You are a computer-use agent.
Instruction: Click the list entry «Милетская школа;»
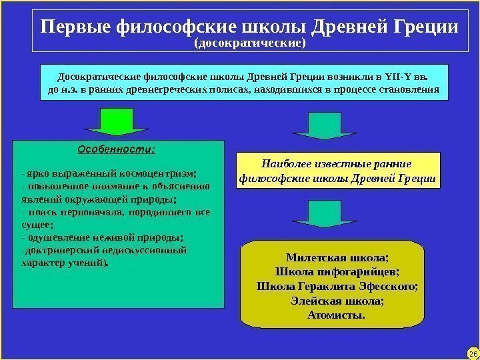[337, 257]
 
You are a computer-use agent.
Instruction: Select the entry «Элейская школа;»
[337, 301]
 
